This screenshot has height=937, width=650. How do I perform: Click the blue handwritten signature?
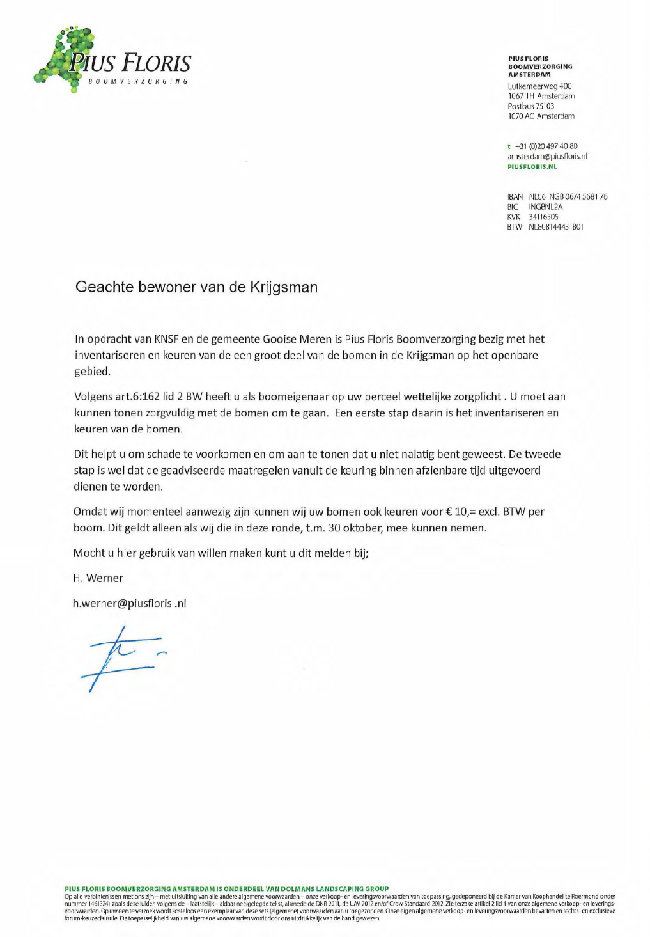click(x=121, y=657)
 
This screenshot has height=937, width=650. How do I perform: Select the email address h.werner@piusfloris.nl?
click(x=129, y=603)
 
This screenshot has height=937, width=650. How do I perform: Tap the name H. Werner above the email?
click(x=98, y=578)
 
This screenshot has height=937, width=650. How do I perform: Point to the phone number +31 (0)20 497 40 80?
click(x=546, y=146)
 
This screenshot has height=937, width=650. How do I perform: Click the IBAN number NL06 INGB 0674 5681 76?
click(x=568, y=197)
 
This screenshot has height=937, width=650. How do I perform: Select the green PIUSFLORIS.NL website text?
click(x=532, y=166)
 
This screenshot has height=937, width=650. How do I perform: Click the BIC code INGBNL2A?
click(x=545, y=207)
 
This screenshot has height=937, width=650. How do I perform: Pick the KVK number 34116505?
click(x=543, y=217)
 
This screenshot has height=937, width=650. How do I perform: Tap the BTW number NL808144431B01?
click(x=555, y=227)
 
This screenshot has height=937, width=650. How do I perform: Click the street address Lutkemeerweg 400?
click(x=539, y=86)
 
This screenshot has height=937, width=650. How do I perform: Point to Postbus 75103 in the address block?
click(x=530, y=106)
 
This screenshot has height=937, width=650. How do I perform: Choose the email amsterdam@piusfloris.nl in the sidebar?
click(x=547, y=156)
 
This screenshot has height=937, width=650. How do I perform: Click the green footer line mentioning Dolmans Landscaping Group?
click(x=226, y=888)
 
